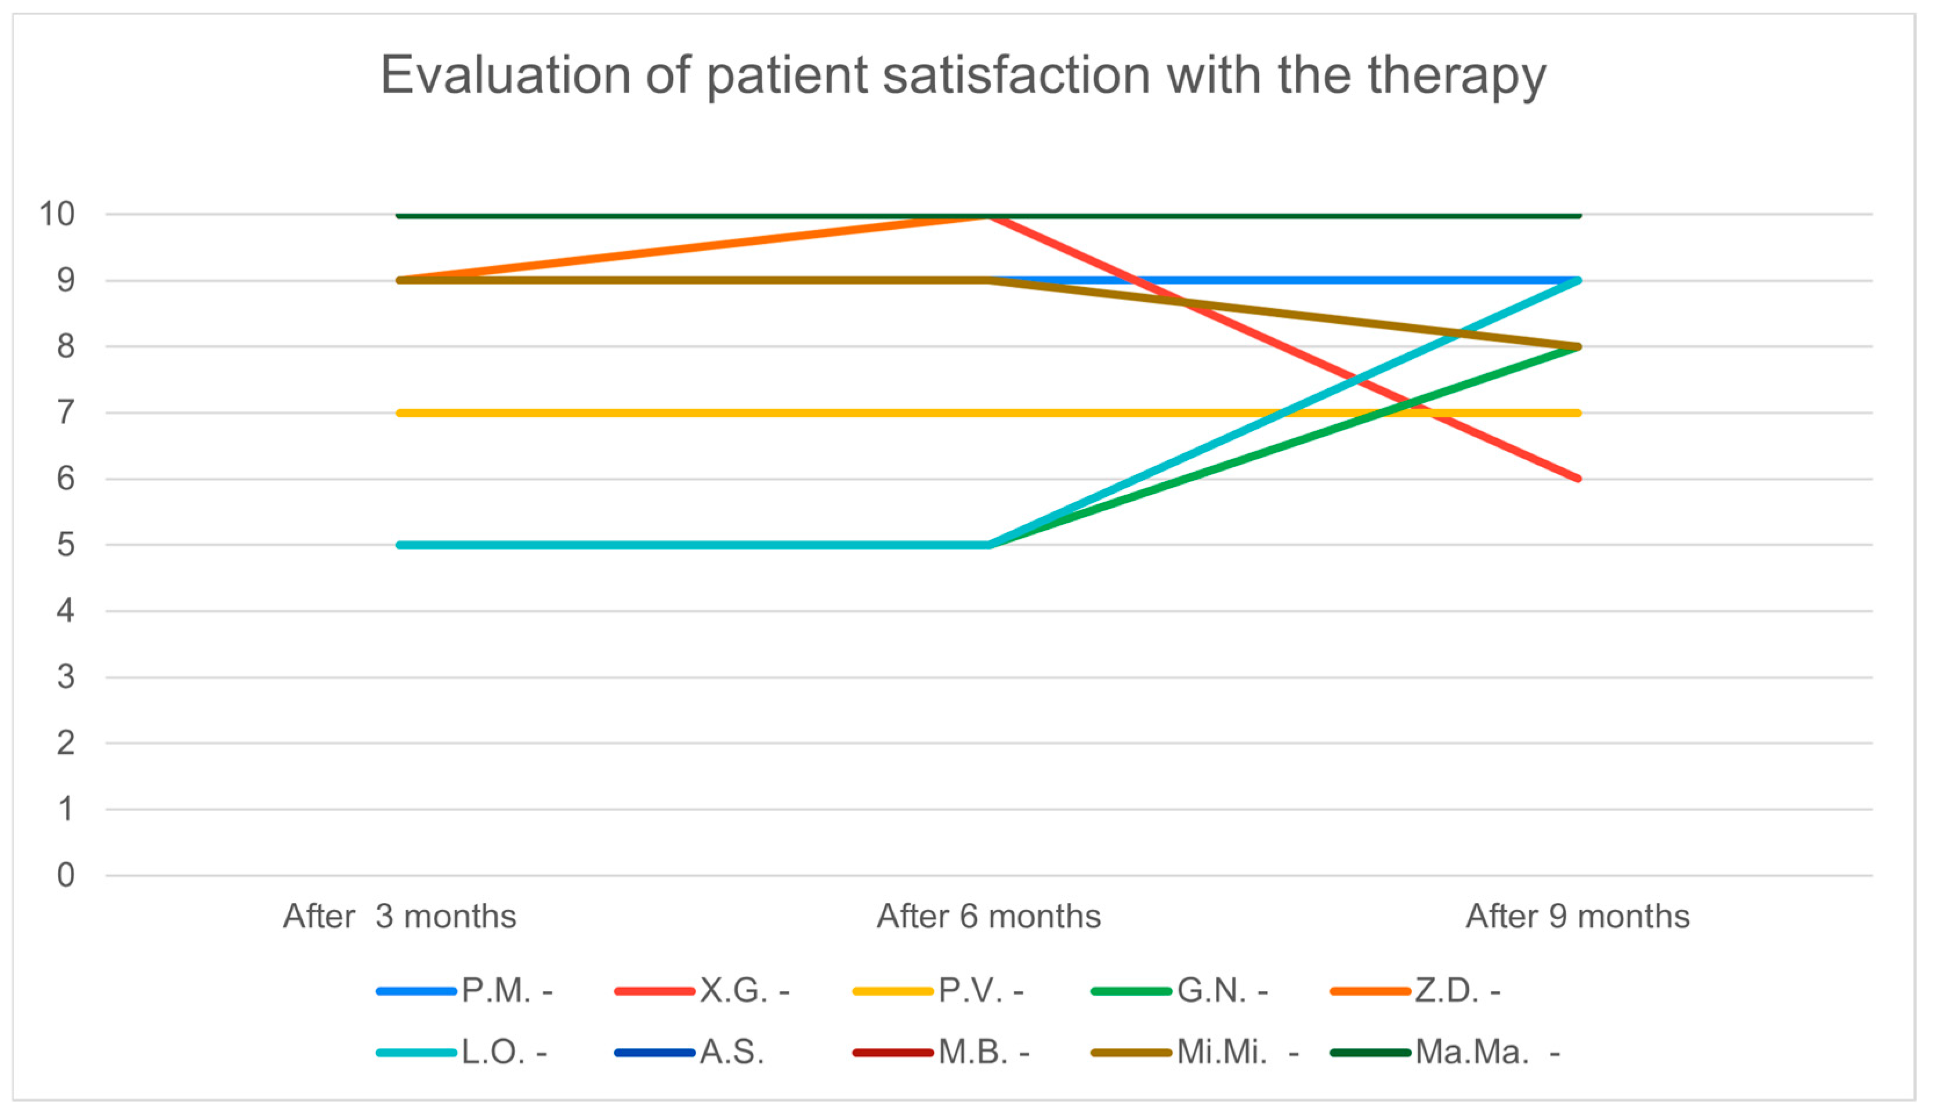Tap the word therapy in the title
(1456, 78)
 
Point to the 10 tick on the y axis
(57, 214)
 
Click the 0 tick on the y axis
(66, 876)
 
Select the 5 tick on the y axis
(66, 545)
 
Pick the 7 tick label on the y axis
(66, 413)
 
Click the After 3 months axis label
(400, 917)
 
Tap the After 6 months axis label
(988, 917)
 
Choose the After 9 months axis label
(1577, 917)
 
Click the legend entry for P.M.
(465, 991)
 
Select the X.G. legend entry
(702, 991)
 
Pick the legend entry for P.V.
(939, 991)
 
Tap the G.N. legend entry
(1179, 991)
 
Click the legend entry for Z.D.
(1415, 991)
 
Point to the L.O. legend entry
(462, 1052)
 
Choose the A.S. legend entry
(689, 1052)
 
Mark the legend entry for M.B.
(941, 1052)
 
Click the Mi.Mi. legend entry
(1196, 1052)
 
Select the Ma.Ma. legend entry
(1446, 1052)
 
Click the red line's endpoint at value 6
(1578, 479)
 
